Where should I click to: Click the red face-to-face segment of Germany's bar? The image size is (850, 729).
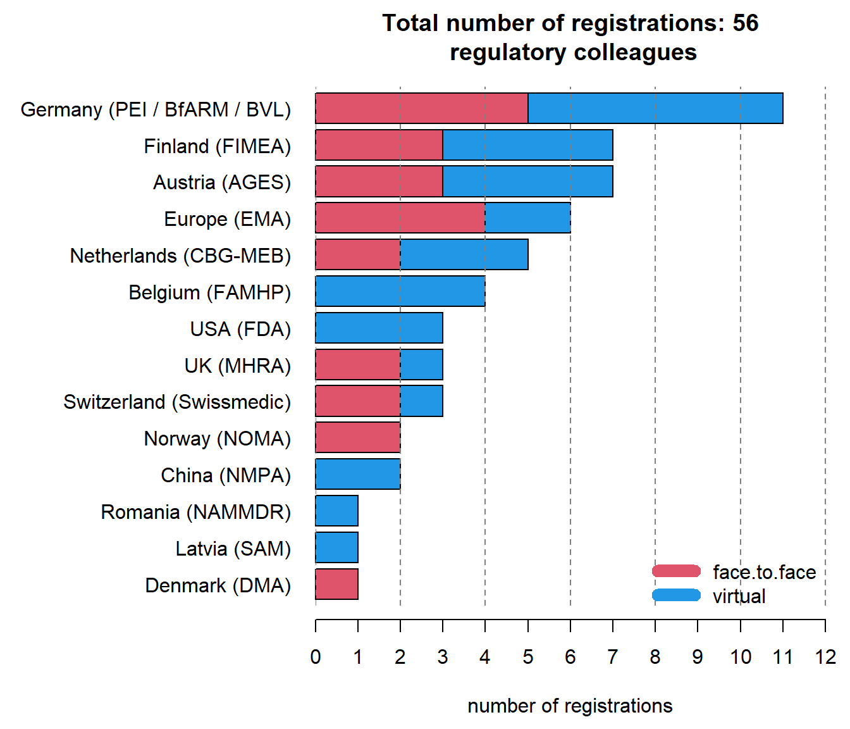[421, 108]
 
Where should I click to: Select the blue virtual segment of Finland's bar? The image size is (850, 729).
[527, 145]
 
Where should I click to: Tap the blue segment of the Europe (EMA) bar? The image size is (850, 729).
[527, 218]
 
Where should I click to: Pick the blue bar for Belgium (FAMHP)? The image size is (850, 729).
[400, 291]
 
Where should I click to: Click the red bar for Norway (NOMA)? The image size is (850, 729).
[357, 437]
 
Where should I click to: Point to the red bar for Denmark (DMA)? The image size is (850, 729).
[336, 583]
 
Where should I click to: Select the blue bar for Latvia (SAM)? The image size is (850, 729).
[336, 547]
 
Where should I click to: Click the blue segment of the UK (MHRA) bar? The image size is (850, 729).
[421, 364]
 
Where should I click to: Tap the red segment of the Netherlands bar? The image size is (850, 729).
[357, 254]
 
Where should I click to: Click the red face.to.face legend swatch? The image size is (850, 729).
[676, 571]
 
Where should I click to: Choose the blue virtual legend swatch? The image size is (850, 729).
[676, 595]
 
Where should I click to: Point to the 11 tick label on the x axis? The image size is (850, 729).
[782, 657]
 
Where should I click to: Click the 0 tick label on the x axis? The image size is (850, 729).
[316, 657]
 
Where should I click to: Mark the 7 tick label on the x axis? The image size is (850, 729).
[612, 657]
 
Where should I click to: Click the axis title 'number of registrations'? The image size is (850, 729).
[570, 706]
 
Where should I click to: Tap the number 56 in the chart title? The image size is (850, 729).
[745, 23]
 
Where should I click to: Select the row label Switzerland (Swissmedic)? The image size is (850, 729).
[177, 402]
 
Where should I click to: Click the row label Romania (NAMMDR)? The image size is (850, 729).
[195, 511]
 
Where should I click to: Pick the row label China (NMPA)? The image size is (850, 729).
[226, 475]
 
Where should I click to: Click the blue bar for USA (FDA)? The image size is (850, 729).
[379, 328]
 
